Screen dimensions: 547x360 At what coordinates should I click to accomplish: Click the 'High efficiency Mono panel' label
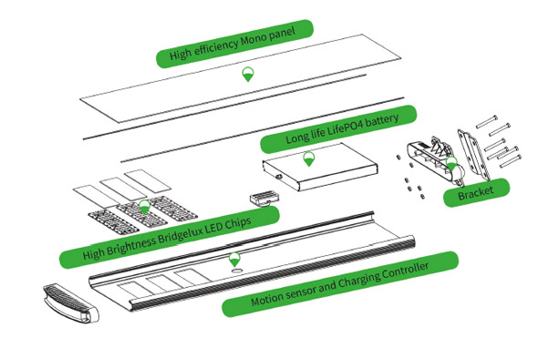tap(234, 44)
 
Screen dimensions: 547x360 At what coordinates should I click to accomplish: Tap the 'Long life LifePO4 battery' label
tap(338, 129)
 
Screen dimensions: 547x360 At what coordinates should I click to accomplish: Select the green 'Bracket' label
tap(476, 192)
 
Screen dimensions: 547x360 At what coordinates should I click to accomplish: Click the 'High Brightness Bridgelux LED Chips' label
tap(170, 237)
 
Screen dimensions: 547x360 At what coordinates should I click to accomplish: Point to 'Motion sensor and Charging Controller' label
tap(340, 284)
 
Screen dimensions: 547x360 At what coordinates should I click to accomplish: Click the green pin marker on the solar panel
tap(248, 75)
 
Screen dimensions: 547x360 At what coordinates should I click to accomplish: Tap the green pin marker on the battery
tap(309, 159)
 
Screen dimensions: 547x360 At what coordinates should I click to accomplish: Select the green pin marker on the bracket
tap(452, 164)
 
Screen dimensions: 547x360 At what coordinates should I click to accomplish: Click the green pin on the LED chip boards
tap(144, 207)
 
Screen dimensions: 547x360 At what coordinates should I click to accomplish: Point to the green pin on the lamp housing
tap(235, 260)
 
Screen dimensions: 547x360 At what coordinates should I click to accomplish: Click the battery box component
tap(320, 167)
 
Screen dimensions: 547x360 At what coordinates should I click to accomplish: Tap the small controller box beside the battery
tap(264, 199)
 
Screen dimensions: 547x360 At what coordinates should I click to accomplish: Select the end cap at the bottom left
tap(71, 303)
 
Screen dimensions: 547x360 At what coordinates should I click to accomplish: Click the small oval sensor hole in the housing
tap(238, 271)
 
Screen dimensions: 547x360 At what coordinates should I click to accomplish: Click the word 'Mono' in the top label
tap(253, 39)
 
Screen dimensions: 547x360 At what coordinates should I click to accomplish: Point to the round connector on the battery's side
tap(279, 177)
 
